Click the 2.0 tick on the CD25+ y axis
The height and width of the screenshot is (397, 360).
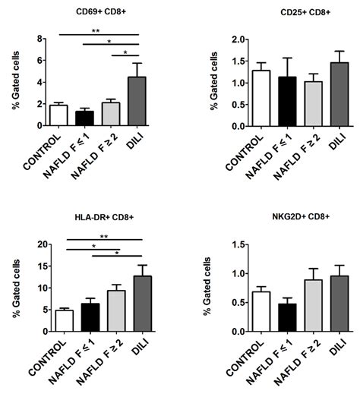coord(199,39)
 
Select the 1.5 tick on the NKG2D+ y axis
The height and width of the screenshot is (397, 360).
coord(199,244)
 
